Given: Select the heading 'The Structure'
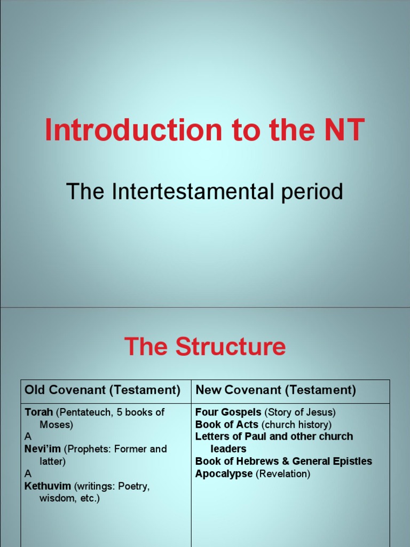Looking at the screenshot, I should point(205,347).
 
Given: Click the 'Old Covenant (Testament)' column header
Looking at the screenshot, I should point(102,390).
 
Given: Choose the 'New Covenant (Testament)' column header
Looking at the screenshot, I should point(275,390).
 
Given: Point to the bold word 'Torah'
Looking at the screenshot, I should point(38,412).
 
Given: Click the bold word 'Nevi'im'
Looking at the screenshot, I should point(43,449).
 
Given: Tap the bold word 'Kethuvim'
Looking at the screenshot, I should point(48,486).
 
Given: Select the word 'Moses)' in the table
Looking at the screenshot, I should point(56,425).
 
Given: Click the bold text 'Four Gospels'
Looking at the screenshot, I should point(228,412).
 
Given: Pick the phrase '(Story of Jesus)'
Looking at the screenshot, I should point(299,412).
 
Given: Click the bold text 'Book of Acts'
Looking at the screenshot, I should point(227,425).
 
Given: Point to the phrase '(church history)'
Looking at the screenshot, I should point(296,425).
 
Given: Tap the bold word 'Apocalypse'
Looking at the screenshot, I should point(224,474).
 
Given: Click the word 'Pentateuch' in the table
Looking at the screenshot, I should point(86,412).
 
